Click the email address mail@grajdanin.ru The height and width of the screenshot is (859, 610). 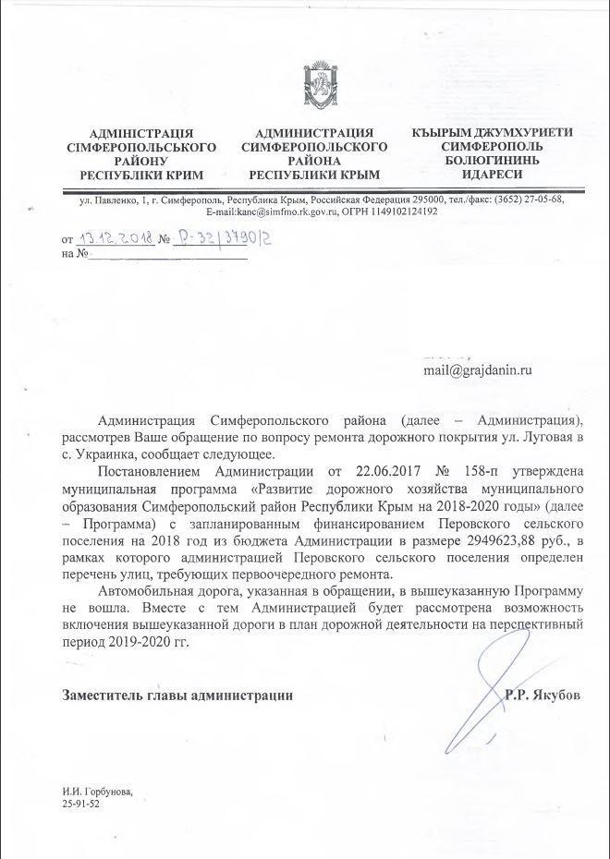[478, 370]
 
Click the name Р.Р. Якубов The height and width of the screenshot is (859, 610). [543, 695]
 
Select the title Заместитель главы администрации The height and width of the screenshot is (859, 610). [177, 696]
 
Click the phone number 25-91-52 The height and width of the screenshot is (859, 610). [81, 804]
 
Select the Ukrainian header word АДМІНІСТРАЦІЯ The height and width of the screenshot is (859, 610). [141, 133]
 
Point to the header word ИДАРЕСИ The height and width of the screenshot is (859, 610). [493, 175]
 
